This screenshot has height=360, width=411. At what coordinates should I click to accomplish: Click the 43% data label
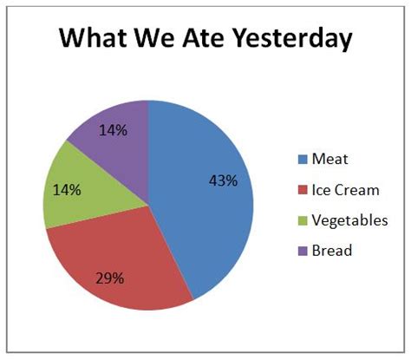click(224, 181)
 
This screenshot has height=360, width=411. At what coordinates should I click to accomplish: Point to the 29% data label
click(110, 278)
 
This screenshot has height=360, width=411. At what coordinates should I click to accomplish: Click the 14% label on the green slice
click(67, 190)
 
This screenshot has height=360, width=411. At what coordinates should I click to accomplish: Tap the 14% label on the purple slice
click(113, 130)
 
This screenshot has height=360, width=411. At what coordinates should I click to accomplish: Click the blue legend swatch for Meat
click(303, 160)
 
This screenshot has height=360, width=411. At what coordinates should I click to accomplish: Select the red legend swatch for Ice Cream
click(303, 190)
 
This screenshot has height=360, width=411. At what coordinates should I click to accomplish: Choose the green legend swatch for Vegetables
click(303, 220)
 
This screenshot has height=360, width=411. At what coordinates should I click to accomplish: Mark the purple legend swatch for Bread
click(303, 251)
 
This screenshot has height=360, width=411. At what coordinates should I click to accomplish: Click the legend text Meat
click(329, 159)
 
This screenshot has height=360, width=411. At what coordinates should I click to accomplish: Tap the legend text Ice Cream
click(346, 190)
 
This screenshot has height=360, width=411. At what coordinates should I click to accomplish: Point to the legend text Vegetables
click(349, 220)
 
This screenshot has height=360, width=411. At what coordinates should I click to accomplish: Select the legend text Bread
click(332, 251)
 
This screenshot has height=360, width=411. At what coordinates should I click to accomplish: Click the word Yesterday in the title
click(292, 38)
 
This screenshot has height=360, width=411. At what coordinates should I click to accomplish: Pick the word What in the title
click(94, 37)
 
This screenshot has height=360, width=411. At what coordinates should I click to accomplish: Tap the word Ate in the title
click(203, 37)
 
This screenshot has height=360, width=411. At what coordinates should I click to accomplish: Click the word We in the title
click(154, 37)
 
